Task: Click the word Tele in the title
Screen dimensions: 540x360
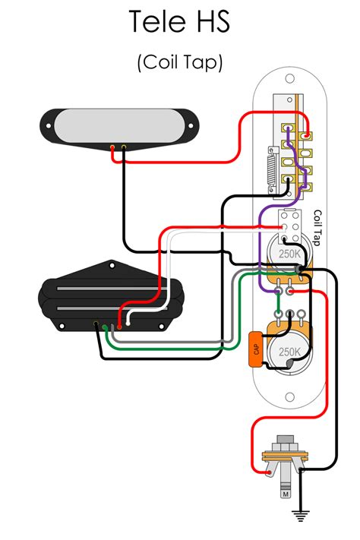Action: pos(154,22)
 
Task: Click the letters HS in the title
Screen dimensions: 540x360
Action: pos(209,22)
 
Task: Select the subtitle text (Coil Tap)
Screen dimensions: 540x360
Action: pos(180,63)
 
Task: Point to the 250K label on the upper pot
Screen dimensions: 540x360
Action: pos(289,253)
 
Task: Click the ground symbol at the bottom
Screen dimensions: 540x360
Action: pos(302,516)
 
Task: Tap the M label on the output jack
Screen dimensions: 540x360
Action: pos(285,495)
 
